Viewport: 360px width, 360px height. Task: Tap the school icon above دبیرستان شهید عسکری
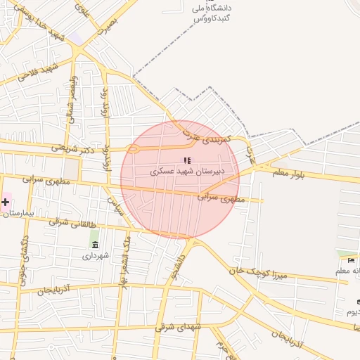pos(187,160)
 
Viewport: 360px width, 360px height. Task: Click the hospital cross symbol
pos(5,202)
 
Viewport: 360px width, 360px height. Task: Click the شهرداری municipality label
pos(96,256)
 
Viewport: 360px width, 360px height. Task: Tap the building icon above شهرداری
pos(95,244)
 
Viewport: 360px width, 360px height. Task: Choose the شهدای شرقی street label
pos(181,327)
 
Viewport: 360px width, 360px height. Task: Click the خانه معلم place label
pos(349,271)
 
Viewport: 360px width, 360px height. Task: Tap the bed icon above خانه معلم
pos(351,261)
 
